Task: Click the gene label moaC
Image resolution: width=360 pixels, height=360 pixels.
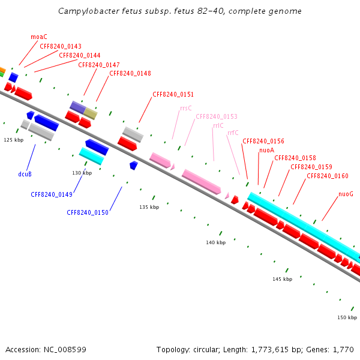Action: coord(39,37)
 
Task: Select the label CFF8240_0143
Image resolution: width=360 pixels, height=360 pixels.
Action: coord(61,46)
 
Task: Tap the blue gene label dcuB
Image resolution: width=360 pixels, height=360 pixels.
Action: coord(25,174)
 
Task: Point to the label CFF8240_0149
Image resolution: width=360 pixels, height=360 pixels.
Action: coord(52,194)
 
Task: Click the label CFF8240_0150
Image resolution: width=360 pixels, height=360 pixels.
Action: coord(88,212)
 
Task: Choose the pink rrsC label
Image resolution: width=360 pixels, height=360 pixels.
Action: coord(186,109)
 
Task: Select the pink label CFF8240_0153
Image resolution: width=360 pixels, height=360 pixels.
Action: coord(217,116)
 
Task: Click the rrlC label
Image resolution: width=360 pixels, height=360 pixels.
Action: coord(218,126)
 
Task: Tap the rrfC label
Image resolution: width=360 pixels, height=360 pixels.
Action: coord(233,133)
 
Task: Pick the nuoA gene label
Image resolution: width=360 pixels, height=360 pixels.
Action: coord(266,150)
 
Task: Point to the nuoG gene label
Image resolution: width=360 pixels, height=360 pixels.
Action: coord(346,194)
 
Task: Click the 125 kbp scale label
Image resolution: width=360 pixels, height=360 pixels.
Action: coord(13,140)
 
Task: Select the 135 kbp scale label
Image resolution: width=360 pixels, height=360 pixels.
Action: coord(149,207)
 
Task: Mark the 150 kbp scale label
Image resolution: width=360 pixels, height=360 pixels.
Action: coord(347,317)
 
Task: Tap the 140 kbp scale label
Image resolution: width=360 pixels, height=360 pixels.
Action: coord(216,242)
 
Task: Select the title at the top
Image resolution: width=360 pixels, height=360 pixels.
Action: coord(180,11)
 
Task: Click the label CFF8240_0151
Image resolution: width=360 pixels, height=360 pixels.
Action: coord(173,94)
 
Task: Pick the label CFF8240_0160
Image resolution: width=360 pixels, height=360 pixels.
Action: coord(328,176)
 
